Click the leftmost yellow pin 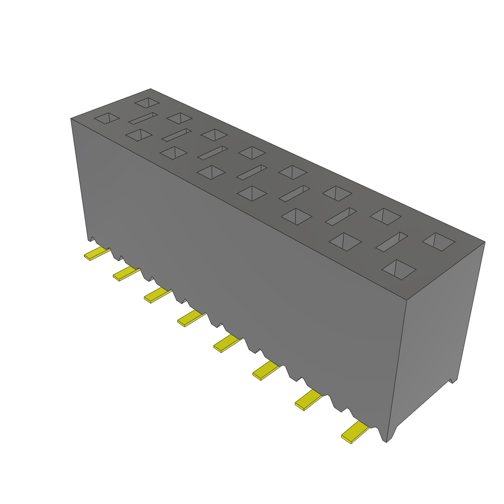[x=96, y=253]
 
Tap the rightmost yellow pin [x=355, y=432]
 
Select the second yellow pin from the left [x=126, y=273]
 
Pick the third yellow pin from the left [x=157, y=295]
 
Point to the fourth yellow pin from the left [x=191, y=318]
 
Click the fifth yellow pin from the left [x=227, y=343]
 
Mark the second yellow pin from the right [x=309, y=399]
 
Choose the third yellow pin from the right [x=266, y=370]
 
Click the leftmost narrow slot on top [x=143, y=118]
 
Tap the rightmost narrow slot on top [x=392, y=242]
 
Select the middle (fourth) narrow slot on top [x=252, y=172]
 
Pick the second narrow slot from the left [x=176, y=135]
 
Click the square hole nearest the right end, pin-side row [x=399, y=270]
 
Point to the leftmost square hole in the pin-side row [x=107, y=118]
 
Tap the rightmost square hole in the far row [x=439, y=242]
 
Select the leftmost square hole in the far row [x=147, y=102]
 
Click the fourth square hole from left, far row [x=252, y=153]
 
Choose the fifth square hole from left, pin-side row [x=252, y=193]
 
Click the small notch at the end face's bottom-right [x=452, y=380]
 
